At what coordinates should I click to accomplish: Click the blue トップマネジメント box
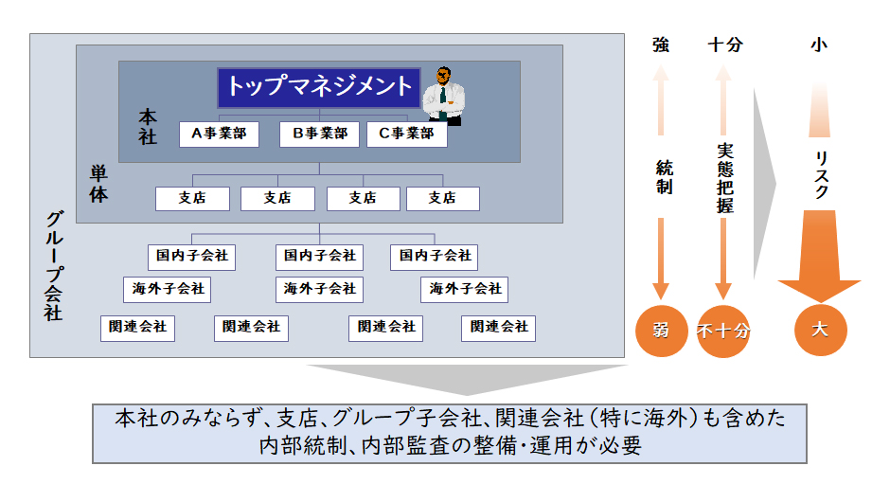tap(319, 87)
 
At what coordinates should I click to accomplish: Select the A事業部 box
tap(219, 134)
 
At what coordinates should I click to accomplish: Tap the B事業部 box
tap(320, 134)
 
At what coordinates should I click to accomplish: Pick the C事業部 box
tap(406, 134)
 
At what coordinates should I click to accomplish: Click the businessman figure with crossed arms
tap(444, 96)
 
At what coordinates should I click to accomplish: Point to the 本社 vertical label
tap(148, 127)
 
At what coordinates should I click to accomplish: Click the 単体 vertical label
tap(98, 184)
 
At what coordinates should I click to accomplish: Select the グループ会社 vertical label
tap(53, 266)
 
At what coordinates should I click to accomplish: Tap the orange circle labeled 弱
tap(661, 331)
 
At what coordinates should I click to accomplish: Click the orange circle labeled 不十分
tap(723, 332)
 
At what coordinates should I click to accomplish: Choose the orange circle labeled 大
tap(820, 330)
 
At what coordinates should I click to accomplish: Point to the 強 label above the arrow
tap(661, 45)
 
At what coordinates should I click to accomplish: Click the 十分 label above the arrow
tap(725, 45)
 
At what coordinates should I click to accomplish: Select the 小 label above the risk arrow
tap(819, 45)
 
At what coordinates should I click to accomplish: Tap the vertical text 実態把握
tap(725, 178)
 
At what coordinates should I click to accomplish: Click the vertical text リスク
tap(821, 175)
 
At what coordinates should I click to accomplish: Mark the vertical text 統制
tap(664, 177)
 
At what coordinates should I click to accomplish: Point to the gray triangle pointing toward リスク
tap(765, 184)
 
